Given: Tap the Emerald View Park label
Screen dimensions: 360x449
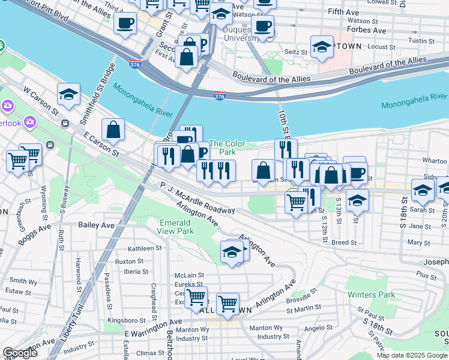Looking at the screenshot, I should (176, 227).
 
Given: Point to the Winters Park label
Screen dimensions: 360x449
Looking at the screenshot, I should (371, 295).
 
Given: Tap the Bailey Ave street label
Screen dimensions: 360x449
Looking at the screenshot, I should (96, 225).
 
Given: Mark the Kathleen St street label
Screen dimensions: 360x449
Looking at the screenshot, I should (145, 248).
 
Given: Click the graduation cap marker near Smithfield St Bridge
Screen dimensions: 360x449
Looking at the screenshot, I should (69, 94).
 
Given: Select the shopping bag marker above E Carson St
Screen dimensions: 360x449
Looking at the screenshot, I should (113, 129).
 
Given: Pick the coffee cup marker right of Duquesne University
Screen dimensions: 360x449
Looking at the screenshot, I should (262, 26).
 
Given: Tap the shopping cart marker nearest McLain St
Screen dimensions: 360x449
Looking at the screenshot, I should (196, 296).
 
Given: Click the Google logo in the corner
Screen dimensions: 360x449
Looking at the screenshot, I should (20, 353).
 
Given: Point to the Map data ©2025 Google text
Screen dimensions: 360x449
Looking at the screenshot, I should (411, 355).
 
